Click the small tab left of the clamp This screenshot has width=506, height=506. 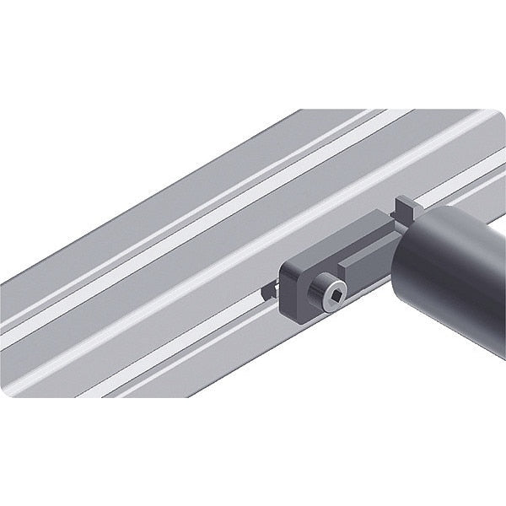click(x=269, y=291)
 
